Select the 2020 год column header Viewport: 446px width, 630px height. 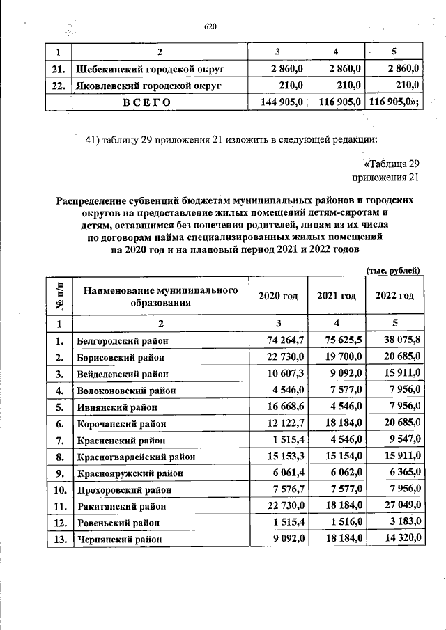click(278, 296)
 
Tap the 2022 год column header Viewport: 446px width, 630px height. click(394, 296)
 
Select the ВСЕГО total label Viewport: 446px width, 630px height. click(147, 102)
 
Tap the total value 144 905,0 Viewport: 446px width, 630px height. click(277, 102)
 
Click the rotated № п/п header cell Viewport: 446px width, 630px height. click(59, 296)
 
